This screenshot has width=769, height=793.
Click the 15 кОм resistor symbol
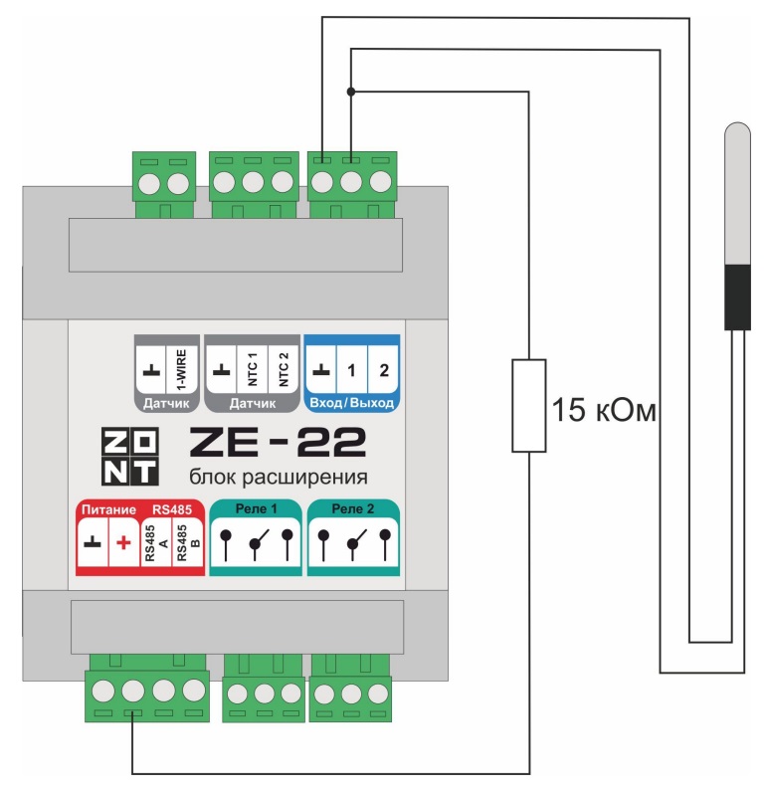click(x=528, y=405)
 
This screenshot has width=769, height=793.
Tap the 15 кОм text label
click(x=605, y=409)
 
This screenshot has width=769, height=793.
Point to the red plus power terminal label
click(x=123, y=543)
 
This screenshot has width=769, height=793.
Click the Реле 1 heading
click(x=256, y=509)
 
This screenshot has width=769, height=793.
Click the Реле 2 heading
click(x=353, y=509)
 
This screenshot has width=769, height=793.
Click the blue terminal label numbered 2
click(x=383, y=370)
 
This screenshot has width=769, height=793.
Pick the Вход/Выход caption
click(x=351, y=403)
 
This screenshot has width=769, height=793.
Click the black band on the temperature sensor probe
click(x=737, y=296)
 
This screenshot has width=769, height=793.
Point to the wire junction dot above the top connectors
click(x=350, y=92)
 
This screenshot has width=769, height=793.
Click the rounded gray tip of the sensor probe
click(x=737, y=132)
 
